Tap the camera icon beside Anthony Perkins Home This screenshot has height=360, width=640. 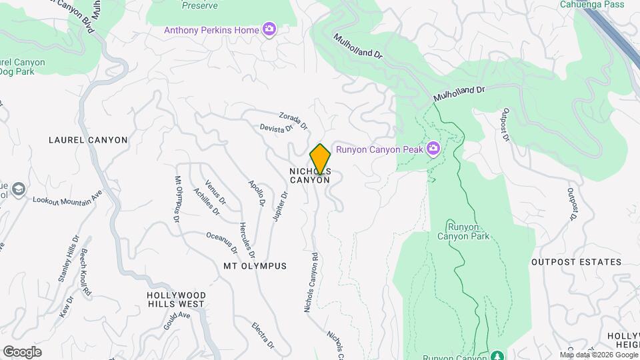point(269,29)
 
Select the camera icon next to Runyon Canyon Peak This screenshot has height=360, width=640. point(433,149)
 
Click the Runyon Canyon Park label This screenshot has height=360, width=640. point(463,231)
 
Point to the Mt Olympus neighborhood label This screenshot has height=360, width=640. point(255,266)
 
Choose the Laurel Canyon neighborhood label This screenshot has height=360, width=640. point(88,140)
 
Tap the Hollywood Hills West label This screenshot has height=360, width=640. point(176,299)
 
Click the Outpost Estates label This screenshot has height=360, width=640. point(576,262)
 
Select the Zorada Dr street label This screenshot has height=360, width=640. point(293,120)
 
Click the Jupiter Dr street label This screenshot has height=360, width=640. point(280,207)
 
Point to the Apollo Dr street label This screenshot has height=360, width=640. point(257,193)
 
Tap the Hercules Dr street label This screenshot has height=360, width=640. point(247,240)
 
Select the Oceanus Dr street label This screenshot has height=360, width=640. point(222,243)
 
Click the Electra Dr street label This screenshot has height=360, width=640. point(263,335)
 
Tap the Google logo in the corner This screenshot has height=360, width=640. point(22,352)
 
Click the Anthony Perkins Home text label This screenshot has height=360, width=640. point(212,30)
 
